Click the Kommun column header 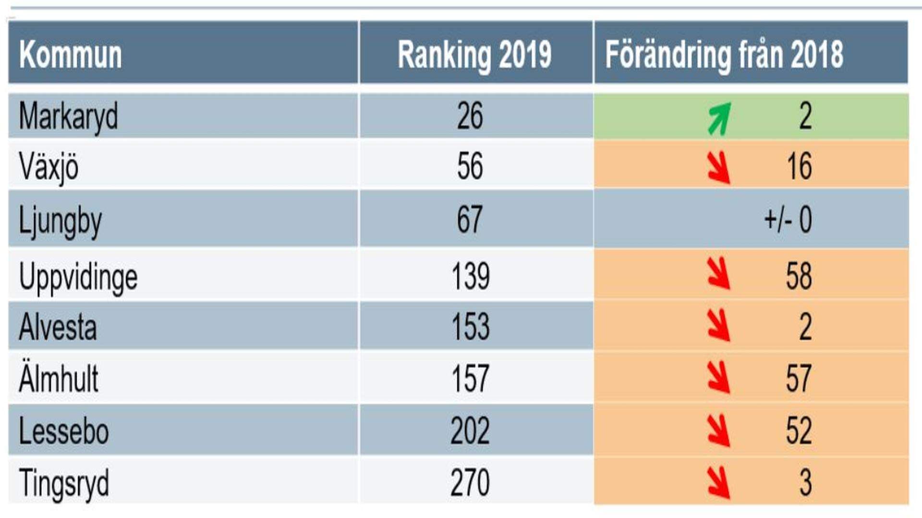[x=71, y=55]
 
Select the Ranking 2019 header [x=474, y=55]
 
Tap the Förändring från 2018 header [x=724, y=55]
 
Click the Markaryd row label [x=68, y=117]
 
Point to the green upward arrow [x=719, y=118]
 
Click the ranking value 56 [x=470, y=166]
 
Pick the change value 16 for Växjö [x=799, y=166]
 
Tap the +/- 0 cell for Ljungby [x=788, y=220]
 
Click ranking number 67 [x=469, y=219]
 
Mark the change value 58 [x=799, y=276]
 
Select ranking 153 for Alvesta [x=470, y=327]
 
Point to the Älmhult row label [x=59, y=378]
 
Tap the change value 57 [x=799, y=378]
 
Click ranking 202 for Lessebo [x=470, y=431]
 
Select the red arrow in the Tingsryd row [x=719, y=482]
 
